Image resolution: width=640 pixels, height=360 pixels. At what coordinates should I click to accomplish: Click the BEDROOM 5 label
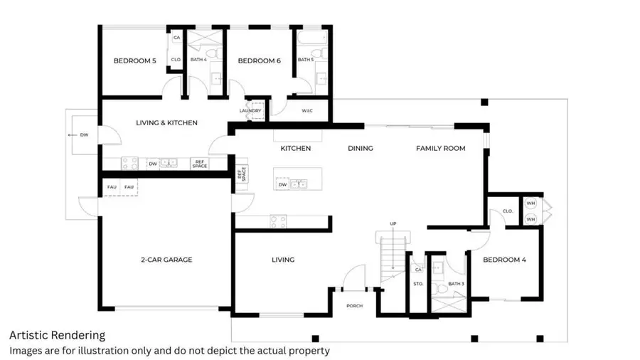coord(134,61)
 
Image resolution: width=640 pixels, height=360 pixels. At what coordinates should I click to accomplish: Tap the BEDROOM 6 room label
coord(259,61)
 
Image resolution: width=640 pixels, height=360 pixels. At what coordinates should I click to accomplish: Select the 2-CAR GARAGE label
coord(166,260)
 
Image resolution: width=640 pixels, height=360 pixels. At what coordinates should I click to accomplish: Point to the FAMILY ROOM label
coord(440,148)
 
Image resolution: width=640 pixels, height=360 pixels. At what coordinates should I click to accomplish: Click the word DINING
coord(361,148)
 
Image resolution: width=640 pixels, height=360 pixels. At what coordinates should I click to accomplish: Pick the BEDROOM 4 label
coord(504,260)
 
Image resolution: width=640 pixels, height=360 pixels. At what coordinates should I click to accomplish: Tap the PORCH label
coord(354,307)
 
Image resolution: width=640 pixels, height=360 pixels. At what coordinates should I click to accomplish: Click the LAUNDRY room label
coord(250,111)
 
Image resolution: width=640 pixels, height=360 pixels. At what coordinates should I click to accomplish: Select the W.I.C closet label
coord(307,111)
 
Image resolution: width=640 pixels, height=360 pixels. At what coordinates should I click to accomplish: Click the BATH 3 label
coord(456,285)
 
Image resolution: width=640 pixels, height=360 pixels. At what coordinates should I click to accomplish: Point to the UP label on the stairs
coord(393,223)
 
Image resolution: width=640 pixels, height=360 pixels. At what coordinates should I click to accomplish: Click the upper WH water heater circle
coord(530,203)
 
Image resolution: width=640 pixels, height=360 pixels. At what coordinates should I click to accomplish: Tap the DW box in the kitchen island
coord(282,184)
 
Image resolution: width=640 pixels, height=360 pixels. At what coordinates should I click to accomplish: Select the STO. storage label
coord(417,285)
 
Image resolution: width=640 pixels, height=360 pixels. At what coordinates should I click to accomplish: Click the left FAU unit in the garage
coord(112,187)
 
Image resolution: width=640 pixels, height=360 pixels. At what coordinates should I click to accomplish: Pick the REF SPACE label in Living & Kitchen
coord(200,164)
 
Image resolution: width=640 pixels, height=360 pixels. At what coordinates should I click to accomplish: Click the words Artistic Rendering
coord(57,335)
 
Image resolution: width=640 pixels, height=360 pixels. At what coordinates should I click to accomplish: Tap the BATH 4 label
coord(198,60)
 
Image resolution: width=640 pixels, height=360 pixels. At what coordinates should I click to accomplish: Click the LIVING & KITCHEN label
coord(166,123)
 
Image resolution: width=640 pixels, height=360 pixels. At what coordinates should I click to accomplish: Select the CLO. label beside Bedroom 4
coord(507,211)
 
